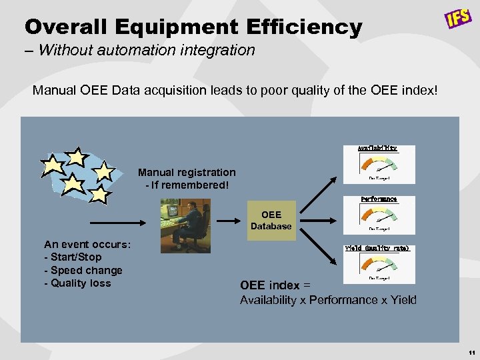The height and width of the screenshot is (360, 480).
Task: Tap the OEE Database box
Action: (x=271, y=221)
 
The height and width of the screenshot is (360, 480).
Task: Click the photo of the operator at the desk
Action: (x=185, y=226)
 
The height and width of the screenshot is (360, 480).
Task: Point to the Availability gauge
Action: (x=379, y=164)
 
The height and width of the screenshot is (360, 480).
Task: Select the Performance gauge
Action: (x=379, y=215)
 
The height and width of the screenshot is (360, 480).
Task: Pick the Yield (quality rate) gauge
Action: (x=377, y=264)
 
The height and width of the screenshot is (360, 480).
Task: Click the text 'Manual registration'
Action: (x=187, y=173)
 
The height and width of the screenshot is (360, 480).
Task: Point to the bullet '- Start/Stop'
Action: (x=73, y=257)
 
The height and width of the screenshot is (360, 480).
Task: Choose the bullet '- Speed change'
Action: (x=83, y=270)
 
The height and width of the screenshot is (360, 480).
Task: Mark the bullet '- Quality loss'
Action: (x=77, y=283)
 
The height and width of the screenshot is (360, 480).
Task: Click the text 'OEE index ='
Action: (x=274, y=285)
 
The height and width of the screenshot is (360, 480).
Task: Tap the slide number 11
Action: (x=471, y=352)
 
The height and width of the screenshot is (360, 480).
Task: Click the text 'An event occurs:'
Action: (x=87, y=244)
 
